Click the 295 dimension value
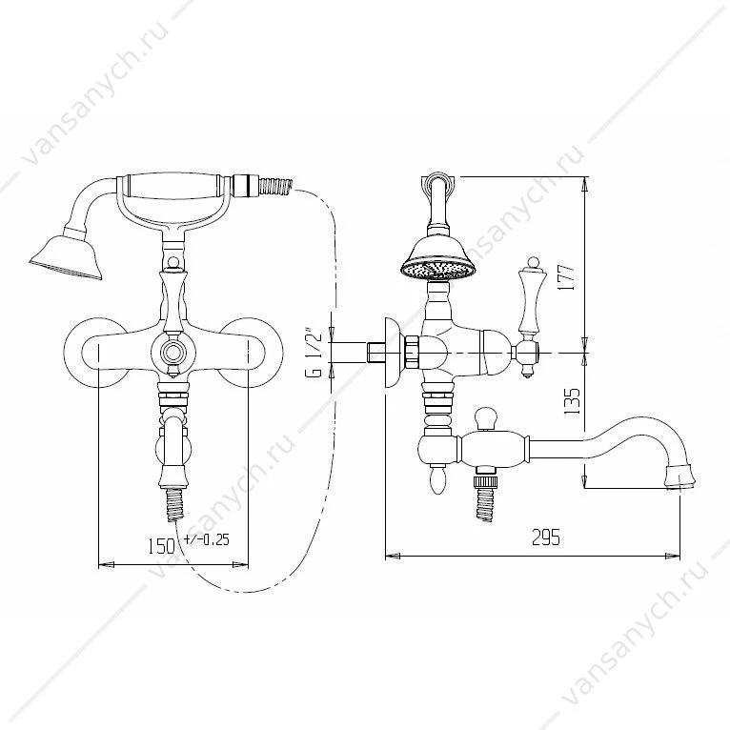click(546, 537)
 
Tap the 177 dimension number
click(567, 277)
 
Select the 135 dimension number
click(572, 401)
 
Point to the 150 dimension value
click(161, 546)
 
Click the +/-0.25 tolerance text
click(207, 539)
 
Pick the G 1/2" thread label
click(316, 355)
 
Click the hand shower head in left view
click(66, 256)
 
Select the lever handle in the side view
click(530, 315)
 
